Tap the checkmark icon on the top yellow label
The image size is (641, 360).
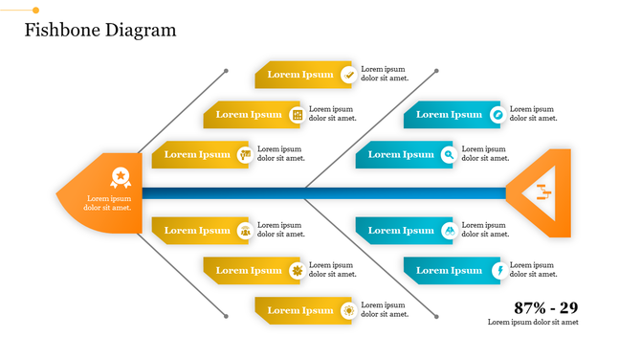[x=349, y=74]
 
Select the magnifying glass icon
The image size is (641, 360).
[x=449, y=154]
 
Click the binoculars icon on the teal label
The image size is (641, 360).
[x=449, y=230]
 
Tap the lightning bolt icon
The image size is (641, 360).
[x=497, y=270]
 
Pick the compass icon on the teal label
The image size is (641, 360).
[x=497, y=114]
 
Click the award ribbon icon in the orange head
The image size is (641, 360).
[x=121, y=176]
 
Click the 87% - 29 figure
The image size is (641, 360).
[x=545, y=307]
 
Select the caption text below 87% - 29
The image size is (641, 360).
[x=533, y=323]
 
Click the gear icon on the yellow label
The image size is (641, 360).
[x=298, y=270]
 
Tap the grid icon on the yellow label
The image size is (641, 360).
[x=298, y=115]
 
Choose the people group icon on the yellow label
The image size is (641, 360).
[x=246, y=230]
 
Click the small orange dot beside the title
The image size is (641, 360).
[x=36, y=10]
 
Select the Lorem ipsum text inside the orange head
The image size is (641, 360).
[x=107, y=203]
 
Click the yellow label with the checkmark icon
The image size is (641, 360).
[x=298, y=75]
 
